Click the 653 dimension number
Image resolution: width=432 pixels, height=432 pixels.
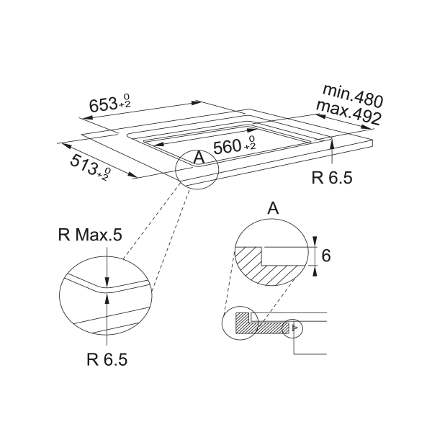pyautogui.click(x=104, y=104)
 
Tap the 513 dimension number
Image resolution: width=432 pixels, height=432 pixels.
pyautogui.click(x=84, y=165)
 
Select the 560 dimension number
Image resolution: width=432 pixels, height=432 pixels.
pyautogui.click(x=228, y=147)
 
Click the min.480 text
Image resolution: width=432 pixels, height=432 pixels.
pyautogui.click(x=353, y=96)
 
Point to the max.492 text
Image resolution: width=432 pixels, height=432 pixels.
pyautogui.click(x=349, y=112)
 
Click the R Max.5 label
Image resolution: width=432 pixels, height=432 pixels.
pyautogui.click(x=90, y=235)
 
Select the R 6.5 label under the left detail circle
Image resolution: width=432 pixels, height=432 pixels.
pyautogui.click(x=107, y=359)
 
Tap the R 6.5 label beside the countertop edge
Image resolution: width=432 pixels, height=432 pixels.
pyautogui.click(x=332, y=177)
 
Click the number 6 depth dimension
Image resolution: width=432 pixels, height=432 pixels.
pyautogui.click(x=326, y=256)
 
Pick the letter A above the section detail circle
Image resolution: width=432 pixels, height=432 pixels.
pyautogui.click(x=273, y=208)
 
